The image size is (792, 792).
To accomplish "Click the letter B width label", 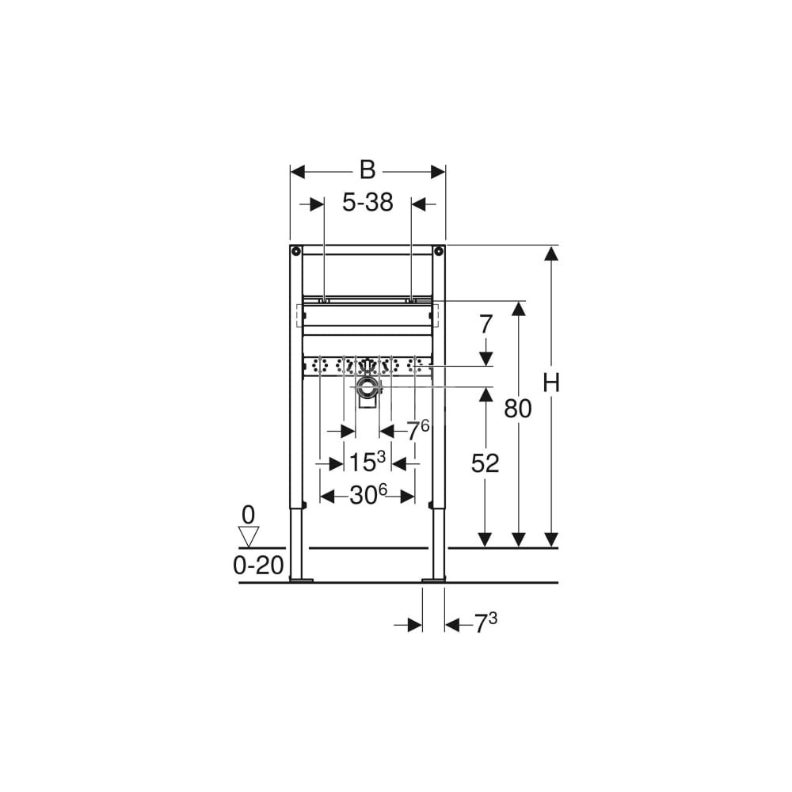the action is point(367,170).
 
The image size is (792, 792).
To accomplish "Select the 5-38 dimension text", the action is point(367,203).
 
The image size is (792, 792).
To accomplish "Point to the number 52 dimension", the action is point(485,463).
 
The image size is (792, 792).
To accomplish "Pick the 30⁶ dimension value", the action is point(368,495).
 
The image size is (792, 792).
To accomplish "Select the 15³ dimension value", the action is point(367,461).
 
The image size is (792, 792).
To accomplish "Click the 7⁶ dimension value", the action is point(418,430).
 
